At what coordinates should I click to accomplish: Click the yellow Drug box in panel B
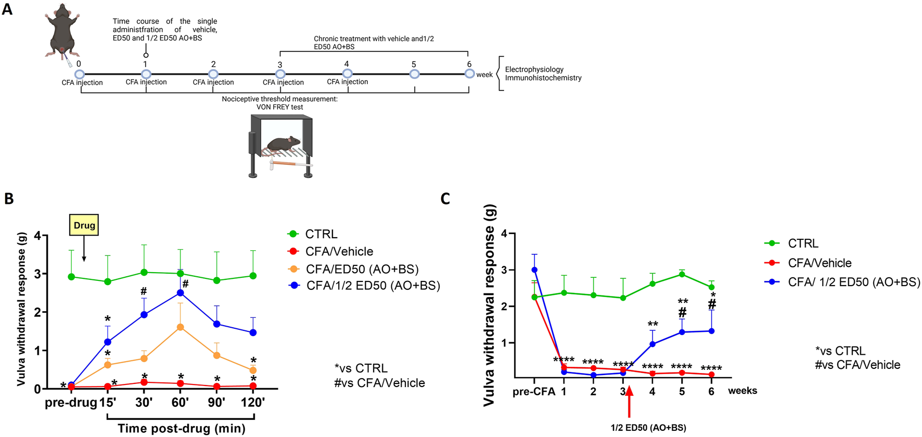click(x=84, y=225)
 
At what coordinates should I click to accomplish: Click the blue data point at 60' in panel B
click(x=180, y=293)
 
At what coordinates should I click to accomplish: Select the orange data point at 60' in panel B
click(x=180, y=327)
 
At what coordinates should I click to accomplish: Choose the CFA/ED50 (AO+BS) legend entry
click(x=354, y=269)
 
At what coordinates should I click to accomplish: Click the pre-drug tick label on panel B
click(x=71, y=402)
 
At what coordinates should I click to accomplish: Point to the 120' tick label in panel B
click(x=253, y=402)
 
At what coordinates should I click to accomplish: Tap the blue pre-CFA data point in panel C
click(x=534, y=270)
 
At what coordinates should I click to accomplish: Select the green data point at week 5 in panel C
click(x=682, y=274)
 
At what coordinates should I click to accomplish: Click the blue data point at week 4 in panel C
click(x=652, y=344)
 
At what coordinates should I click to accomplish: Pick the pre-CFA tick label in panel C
click(x=534, y=391)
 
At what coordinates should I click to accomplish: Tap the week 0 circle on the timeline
click(x=80, y=74)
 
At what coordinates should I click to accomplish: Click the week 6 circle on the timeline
click(x=469, y=74)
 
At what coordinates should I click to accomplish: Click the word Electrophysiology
click(x=534, y=69)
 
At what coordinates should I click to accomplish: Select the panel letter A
click(x=7, y=9)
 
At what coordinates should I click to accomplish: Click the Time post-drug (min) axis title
click(x=181, y=428)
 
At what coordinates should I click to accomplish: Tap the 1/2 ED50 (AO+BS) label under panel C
click(x=648, y=428)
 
